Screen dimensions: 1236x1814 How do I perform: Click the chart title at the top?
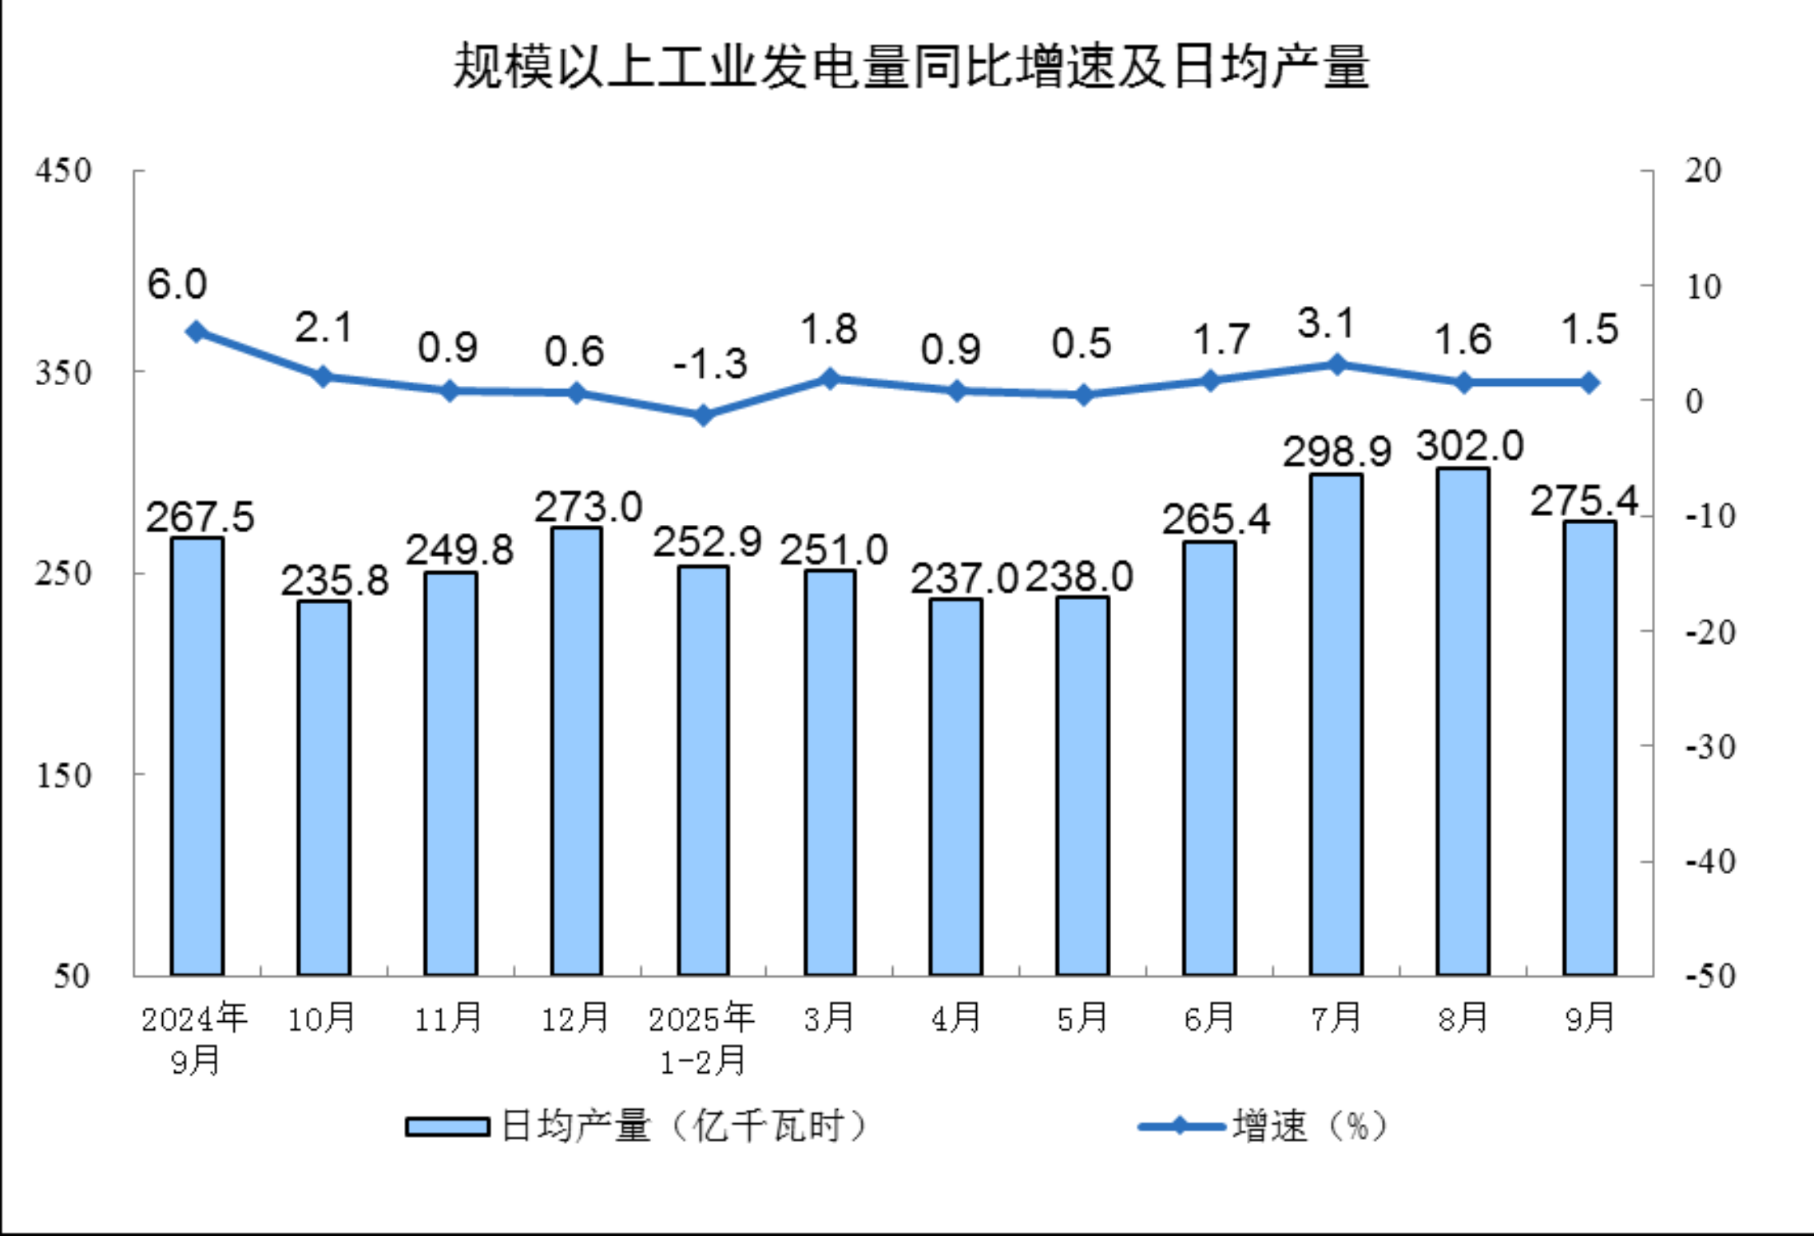pyautogui.click(x=911, y=66)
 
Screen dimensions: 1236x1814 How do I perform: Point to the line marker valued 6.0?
pyautogui.click(x=196, y=332)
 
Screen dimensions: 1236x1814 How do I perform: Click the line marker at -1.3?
pyautogui.click(x=703, y=415)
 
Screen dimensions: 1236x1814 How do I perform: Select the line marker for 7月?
pyautogui.click(x=1336, y=365)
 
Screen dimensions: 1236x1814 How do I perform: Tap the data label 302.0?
pyautogui.click(x=1470, y=445)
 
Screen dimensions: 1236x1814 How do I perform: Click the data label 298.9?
pyautogui.click(x=1337, y=451)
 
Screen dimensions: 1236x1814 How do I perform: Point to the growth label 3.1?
pyautogui.click(x=1326, y=324)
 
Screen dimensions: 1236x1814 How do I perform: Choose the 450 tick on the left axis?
pyautogui.click(x=63, y=171)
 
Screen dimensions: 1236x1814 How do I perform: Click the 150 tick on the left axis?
pyautogui.click(x=63, y=775)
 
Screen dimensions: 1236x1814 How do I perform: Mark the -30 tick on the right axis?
pyautogui.click(x=1709, y=748)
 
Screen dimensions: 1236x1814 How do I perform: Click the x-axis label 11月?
pyautogui.click(x=448, y=1019)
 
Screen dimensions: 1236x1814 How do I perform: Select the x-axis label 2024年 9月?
pyautogui.click(x=195, y=1039)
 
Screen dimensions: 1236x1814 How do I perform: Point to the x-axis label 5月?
pyautogui.click(x=1082, y=1019)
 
